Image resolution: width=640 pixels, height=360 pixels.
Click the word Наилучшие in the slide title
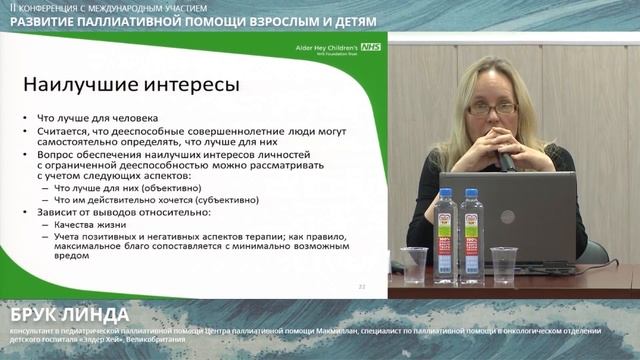[x=78, y=84]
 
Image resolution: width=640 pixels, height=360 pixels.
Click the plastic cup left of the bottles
[x=413, y=264]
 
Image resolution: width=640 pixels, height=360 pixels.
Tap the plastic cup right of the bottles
[x=504, y=264]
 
